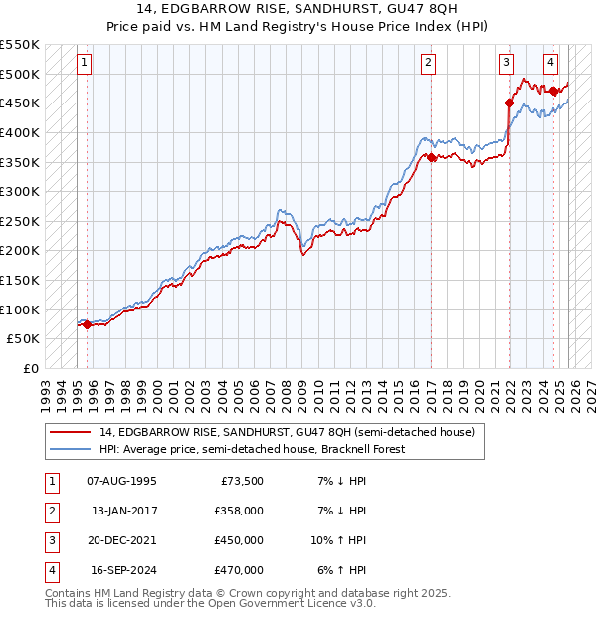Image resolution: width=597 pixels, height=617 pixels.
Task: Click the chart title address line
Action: click(x=298, y=9)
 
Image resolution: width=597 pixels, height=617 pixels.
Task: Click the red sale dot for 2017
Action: click(x=431, y=157)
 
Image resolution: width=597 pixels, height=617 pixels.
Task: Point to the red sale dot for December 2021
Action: click(x=509, y=103)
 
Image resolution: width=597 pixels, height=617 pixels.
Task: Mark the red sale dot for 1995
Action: click(x=87, y=324)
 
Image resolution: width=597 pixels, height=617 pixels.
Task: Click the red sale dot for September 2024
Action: click(x=554, y=91)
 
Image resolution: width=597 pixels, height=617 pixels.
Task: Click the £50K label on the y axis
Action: click(x=23, y=338)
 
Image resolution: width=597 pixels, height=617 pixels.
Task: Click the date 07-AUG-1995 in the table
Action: click(x=121, y=481)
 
